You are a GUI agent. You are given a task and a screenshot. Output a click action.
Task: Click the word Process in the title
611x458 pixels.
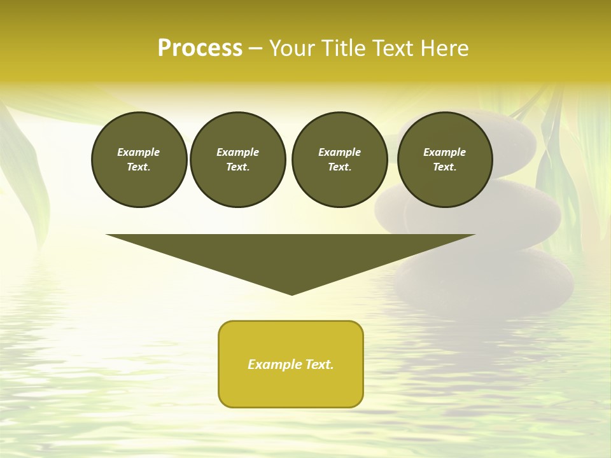click(200, 48)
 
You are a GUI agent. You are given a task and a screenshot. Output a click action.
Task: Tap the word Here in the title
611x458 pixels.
click(446, 48)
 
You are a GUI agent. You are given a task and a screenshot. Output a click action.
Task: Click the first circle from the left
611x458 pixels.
click(139, 159)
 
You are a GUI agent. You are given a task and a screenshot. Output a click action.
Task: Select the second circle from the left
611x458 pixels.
click(237, 159)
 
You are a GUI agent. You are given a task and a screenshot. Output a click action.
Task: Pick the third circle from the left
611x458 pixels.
click(339, 159)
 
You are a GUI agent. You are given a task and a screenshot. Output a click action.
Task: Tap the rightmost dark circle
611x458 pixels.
click(444, 159)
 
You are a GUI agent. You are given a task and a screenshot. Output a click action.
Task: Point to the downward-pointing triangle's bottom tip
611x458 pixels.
click(291, 293)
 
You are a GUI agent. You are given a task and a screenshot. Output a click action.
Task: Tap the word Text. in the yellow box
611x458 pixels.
click(319, 364)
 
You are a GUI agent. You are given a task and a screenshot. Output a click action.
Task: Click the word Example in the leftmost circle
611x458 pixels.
click(139, 152)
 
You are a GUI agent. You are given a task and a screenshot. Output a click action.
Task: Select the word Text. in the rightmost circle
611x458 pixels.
click(444, 167)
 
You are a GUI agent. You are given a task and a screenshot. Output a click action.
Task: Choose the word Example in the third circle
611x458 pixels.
click(339, 152)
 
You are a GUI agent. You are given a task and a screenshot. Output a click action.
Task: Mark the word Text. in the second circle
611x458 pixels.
click(237, 167)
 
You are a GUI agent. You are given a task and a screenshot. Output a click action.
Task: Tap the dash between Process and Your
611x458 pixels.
click(255, 48)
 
